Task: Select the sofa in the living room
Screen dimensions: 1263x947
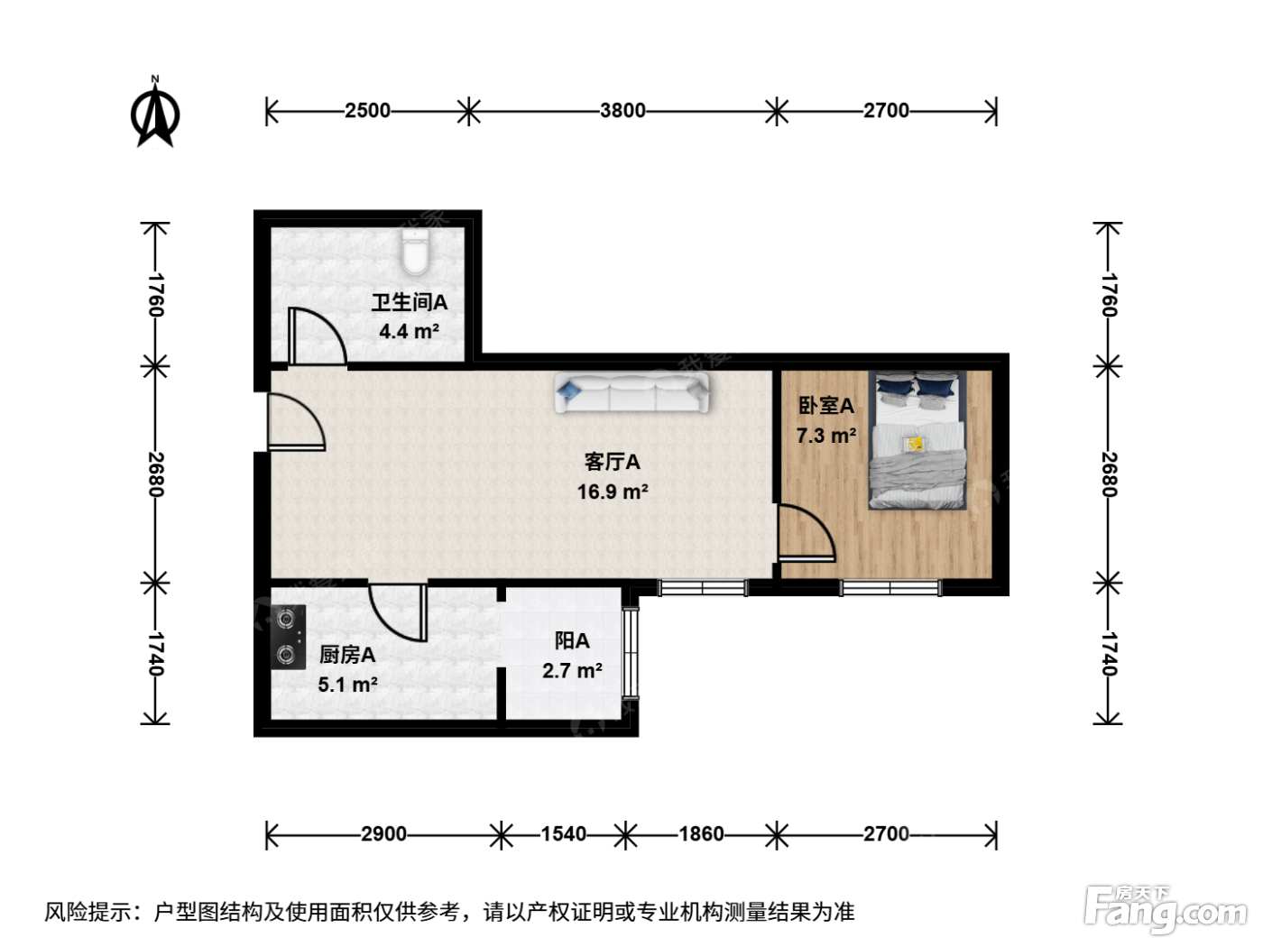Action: tap(631, 392)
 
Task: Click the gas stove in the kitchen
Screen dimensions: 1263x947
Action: tap(288, 637)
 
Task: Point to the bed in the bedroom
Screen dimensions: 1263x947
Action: tap(917, 440)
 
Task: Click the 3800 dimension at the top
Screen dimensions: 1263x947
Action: tap(622, 110)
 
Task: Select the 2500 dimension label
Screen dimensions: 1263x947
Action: tap(367, 110)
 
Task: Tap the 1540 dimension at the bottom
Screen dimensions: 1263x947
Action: tap(563, 833)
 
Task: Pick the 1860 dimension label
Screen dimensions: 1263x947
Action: tap(701, 833)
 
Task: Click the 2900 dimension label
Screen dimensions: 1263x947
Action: tap(383, 833)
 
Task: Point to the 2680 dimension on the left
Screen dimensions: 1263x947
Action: tap(156, 474)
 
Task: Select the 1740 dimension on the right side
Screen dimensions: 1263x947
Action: tap(1109, 654)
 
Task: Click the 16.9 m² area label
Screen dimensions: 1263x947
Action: tap(613, 492)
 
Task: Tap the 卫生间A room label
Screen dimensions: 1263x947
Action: tap(409, 302)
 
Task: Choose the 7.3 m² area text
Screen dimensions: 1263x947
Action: tap(826, 436)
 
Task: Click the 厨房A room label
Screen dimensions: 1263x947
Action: tap(347, 655)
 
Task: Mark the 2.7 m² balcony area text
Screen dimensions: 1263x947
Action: tap(573, 671)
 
